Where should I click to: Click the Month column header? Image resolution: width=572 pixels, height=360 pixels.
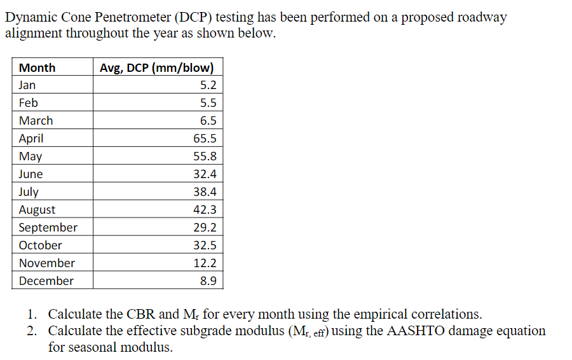[x=37, y=68]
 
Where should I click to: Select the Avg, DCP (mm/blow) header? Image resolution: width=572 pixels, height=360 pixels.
[x=157, y=68]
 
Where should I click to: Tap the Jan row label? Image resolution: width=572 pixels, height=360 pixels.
[x=27, y=85]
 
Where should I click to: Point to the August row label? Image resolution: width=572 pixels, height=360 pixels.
[x=37, y=210]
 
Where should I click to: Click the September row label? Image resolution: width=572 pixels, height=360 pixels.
[x=48, y=228]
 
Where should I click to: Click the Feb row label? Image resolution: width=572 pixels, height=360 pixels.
[x=29, y=103]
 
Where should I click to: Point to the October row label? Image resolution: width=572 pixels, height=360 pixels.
[x=41, y=246]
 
